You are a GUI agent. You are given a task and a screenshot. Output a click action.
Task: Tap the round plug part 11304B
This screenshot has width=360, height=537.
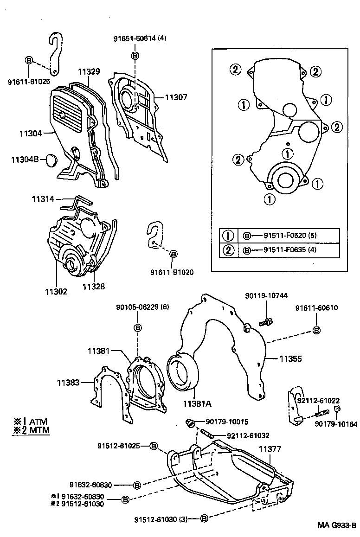[51, 160]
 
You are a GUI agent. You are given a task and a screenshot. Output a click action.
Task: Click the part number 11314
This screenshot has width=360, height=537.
[43, 199]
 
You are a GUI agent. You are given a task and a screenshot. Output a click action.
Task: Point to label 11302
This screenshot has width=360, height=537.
[56, 292]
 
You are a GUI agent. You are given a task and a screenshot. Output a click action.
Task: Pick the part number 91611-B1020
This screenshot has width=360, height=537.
[172, 272]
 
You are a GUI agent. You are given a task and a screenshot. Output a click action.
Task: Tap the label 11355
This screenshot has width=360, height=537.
[290, 358]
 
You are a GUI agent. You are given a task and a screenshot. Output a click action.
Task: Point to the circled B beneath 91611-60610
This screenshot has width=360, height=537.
[316, 330]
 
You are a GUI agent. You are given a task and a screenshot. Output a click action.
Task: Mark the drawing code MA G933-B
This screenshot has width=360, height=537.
[337, 525]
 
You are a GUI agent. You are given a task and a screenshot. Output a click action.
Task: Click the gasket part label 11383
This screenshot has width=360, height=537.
[69, 383]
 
